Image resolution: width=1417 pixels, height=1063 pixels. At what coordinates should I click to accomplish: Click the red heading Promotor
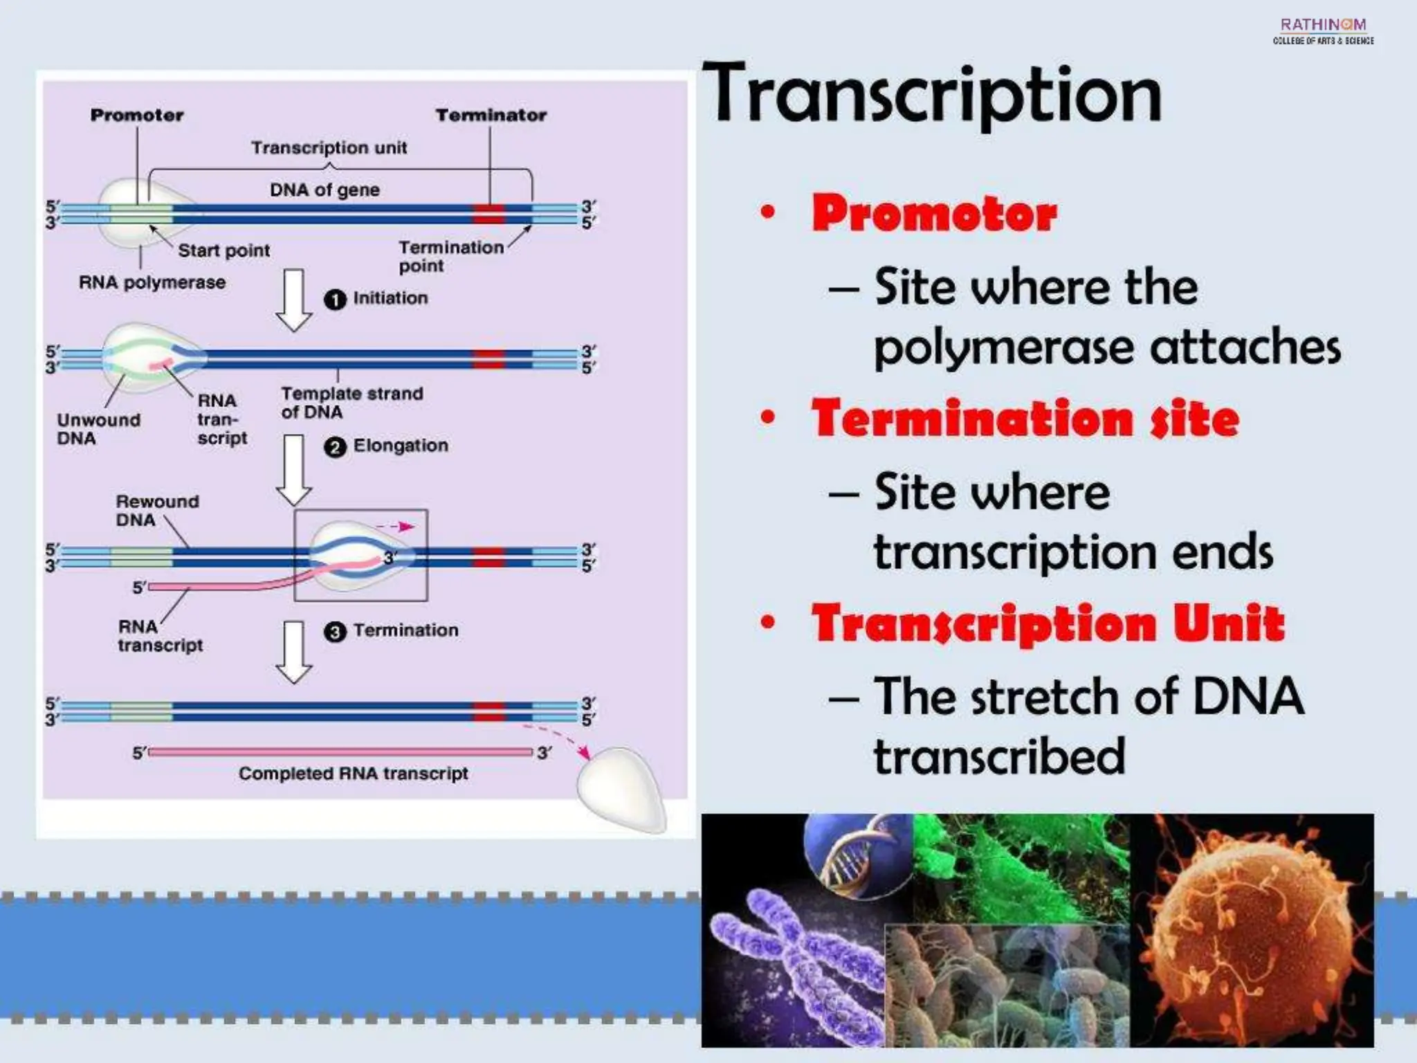pos(934,213)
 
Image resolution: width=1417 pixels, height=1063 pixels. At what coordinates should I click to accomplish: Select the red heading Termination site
pos(1025,419)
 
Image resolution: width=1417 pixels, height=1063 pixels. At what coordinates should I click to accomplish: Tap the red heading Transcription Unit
pos(1048,623)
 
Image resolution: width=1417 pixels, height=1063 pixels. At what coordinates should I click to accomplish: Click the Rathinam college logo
pos(1323,31)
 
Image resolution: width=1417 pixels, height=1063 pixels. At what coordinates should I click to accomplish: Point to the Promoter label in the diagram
pos(137,115)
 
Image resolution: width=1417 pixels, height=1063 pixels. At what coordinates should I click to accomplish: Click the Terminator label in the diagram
pos(491,115)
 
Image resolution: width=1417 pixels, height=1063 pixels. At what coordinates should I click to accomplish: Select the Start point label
pos(223,251)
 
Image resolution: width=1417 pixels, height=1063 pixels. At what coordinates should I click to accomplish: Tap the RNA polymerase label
pos(152,282)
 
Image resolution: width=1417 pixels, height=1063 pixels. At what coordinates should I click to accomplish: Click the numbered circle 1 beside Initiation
pos(335,300)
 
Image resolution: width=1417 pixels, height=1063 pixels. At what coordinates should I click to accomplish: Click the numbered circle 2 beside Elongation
pos(335,447)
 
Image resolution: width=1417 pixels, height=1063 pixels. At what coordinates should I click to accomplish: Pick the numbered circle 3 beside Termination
pos(335,632)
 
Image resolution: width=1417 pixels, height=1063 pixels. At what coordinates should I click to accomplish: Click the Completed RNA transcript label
pos(353,773)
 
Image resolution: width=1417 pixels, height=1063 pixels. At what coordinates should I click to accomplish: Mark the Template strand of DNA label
pos(351,402)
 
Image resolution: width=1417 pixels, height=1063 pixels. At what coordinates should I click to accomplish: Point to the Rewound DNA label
pos(157,510)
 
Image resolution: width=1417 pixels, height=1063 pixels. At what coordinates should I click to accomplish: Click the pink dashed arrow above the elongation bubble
pos(396,527)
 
